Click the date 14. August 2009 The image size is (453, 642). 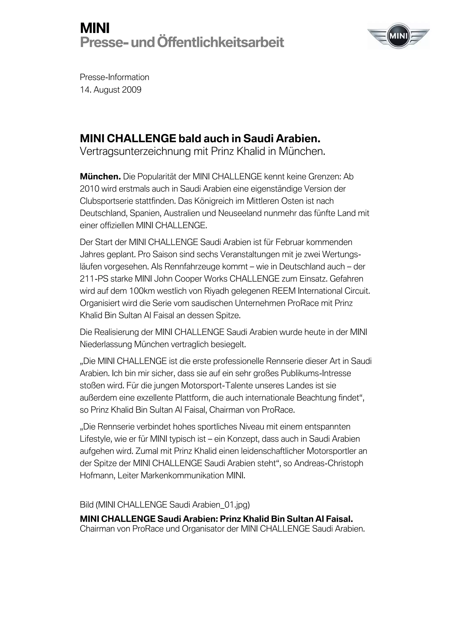111,90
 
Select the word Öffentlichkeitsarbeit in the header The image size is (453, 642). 221,42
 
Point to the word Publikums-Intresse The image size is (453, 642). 316,374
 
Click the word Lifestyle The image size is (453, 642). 96,439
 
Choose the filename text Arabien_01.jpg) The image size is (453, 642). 221,505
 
